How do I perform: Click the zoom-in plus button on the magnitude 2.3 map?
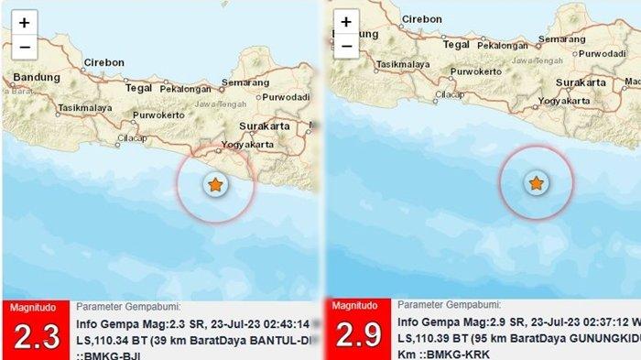[x=24, y=22]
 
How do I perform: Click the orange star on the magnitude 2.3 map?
[x=215, y=185]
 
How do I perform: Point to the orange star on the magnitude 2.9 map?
[x=536, y=184]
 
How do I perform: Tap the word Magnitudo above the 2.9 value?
[x=354, y=305]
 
